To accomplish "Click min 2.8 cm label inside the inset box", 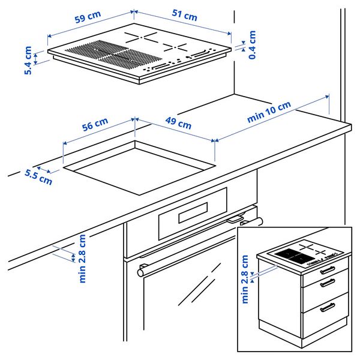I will click(245, 279).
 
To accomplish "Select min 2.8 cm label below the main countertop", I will click(83, 258).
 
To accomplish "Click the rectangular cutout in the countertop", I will click(139, 167).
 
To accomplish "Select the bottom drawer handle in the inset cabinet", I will click(328, 308).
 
